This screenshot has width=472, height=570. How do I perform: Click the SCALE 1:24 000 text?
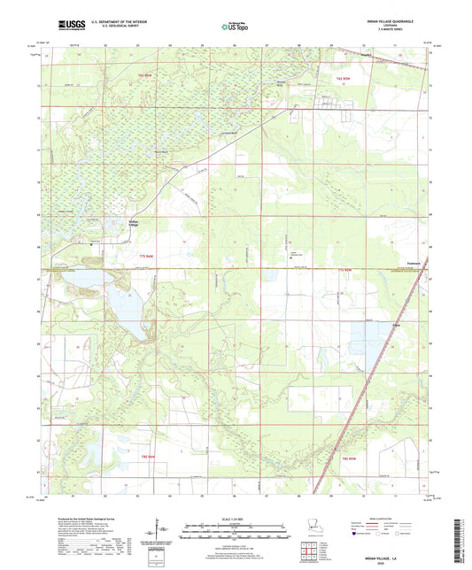pos(235,519)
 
